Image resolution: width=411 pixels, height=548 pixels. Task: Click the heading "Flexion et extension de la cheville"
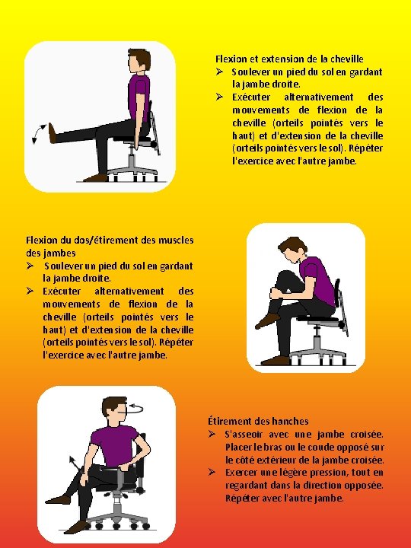pos(289,59)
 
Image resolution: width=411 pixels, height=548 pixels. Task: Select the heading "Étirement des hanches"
pos(258,421)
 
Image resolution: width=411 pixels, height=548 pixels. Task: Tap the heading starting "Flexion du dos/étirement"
pos(110,247)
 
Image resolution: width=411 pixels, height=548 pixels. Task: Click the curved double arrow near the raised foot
pos(38,133)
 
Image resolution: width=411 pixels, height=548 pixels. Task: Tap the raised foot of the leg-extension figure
pos(52,133)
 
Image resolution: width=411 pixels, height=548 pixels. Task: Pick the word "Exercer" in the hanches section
pos(241,473)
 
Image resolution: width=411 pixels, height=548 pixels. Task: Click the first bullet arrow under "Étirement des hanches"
pos(212,434)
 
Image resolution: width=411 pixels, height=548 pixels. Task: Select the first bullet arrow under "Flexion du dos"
pos(30,266)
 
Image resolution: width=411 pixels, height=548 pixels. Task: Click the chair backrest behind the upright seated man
pos(155,128)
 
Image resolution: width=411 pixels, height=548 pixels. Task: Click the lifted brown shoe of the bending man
pos(267,320)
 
